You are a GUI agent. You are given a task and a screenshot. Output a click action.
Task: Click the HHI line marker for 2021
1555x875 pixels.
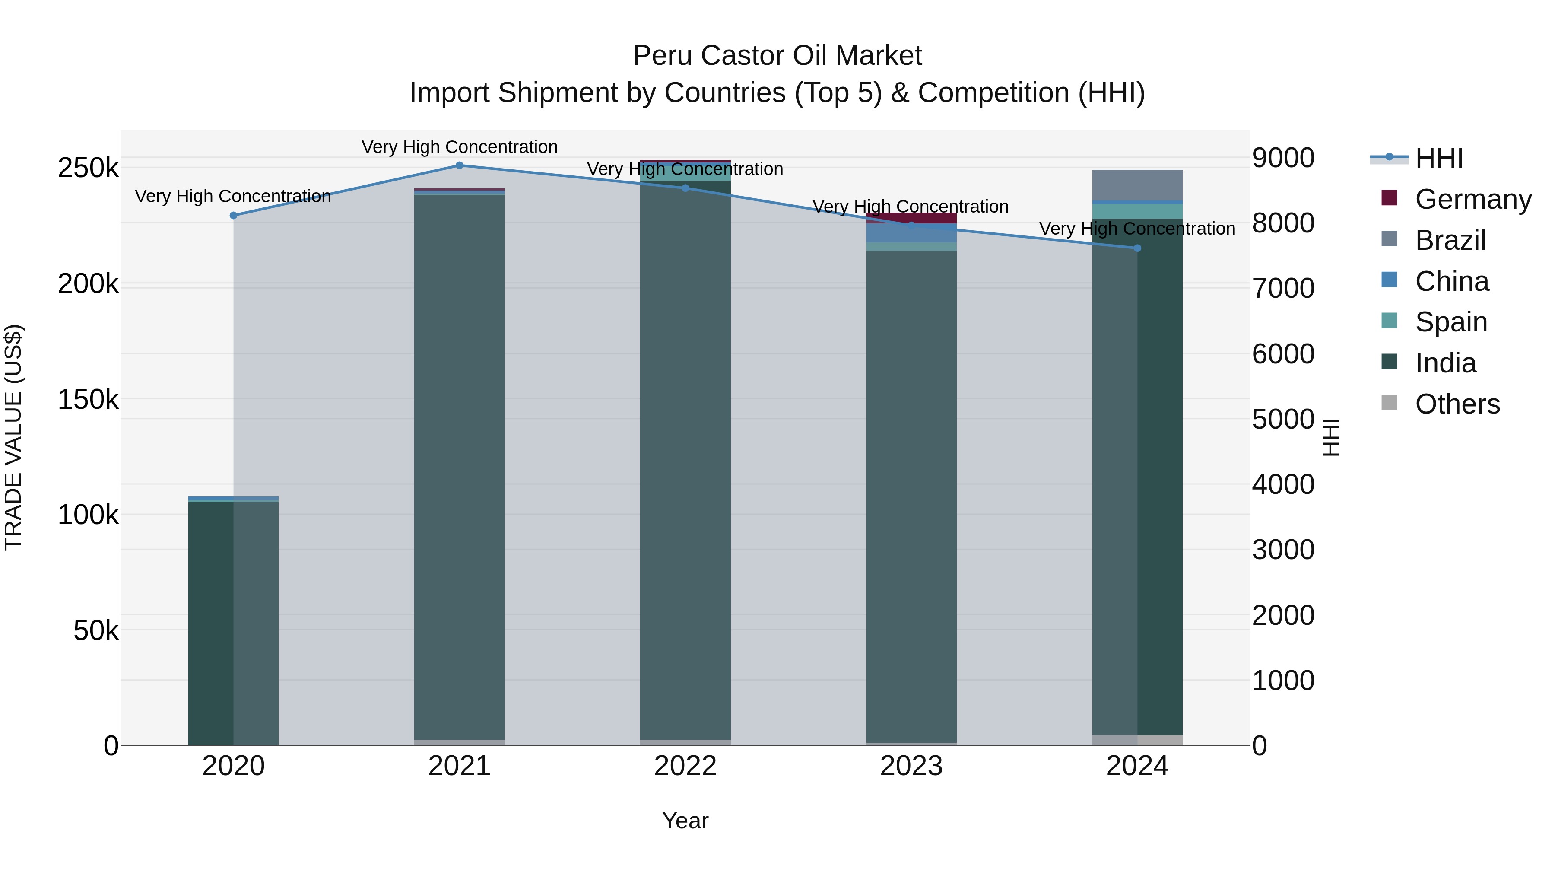460,165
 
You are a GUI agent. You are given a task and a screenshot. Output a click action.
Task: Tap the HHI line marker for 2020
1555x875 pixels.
234,216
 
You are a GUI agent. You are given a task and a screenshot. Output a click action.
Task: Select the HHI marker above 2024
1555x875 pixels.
1137,248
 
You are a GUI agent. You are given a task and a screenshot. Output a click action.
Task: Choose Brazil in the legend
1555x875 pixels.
1450,240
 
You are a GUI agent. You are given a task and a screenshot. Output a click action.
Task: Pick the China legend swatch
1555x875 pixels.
1390,280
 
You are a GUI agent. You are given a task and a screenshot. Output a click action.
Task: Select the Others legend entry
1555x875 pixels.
1457,404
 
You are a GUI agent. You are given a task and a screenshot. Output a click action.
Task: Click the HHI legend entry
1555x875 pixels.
1439,158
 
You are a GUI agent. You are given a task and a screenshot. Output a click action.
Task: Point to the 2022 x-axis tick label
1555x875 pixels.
685,766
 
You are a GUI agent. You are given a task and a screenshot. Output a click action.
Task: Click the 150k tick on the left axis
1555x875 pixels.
88,400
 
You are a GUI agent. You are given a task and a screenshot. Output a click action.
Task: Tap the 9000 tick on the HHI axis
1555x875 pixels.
1283,158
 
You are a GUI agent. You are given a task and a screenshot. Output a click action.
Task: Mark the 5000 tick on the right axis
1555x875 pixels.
1283,419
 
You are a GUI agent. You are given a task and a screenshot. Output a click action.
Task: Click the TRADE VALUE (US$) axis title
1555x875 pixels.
13,437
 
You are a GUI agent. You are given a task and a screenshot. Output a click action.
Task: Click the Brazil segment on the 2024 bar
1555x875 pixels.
1137,185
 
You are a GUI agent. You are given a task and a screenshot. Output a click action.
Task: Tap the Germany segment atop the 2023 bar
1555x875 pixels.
911,218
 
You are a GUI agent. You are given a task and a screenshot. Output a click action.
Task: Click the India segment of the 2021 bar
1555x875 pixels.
460,465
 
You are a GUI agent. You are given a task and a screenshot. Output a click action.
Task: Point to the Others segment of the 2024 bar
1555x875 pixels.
1137,740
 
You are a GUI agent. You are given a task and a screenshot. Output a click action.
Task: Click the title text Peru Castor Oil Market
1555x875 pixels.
777,56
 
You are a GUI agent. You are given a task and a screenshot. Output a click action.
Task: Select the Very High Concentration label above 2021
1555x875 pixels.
460,147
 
